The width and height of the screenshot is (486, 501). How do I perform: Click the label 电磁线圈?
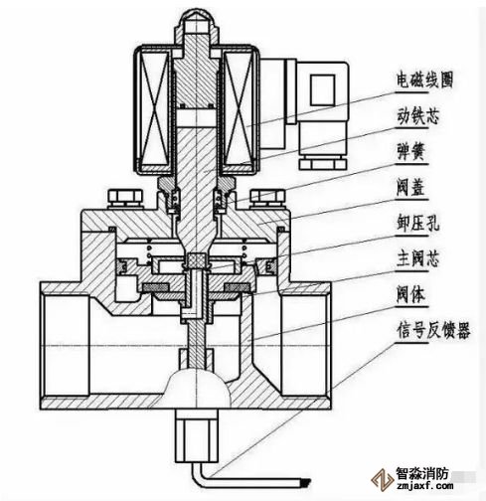(x=425, y=80)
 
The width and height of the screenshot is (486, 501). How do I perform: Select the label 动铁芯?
(x=418, y=116)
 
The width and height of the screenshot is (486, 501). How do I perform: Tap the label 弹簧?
(x=410, y=152)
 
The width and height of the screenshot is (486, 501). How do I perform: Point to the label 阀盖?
(x=410, y=188)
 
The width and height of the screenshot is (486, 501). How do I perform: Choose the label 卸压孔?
(x=418, y=224)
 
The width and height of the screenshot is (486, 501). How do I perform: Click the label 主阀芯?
(x=418, y=259)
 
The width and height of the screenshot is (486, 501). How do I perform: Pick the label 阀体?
(x=410, y=295)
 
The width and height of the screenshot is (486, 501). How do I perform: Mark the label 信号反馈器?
(x=433, y=331)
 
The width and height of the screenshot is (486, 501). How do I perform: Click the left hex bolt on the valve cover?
(x=125, y=198)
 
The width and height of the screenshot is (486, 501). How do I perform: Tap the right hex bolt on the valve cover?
(x=267, y=198)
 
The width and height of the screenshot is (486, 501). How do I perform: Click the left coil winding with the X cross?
(x=153, y=111)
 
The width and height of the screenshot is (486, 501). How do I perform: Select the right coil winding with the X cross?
(x=240, y=111)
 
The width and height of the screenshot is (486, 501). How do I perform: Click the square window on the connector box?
(x=322, y=90)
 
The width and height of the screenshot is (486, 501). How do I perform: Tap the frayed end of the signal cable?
(x=305, y=483)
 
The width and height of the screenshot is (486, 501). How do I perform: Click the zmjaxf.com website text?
(x=424, y=486)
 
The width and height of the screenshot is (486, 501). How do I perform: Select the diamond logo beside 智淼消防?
(x=382, y=479)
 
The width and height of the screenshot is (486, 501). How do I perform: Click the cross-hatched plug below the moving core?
(x=196, y=259)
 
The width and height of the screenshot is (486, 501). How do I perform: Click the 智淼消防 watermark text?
(x=421, y=474)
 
